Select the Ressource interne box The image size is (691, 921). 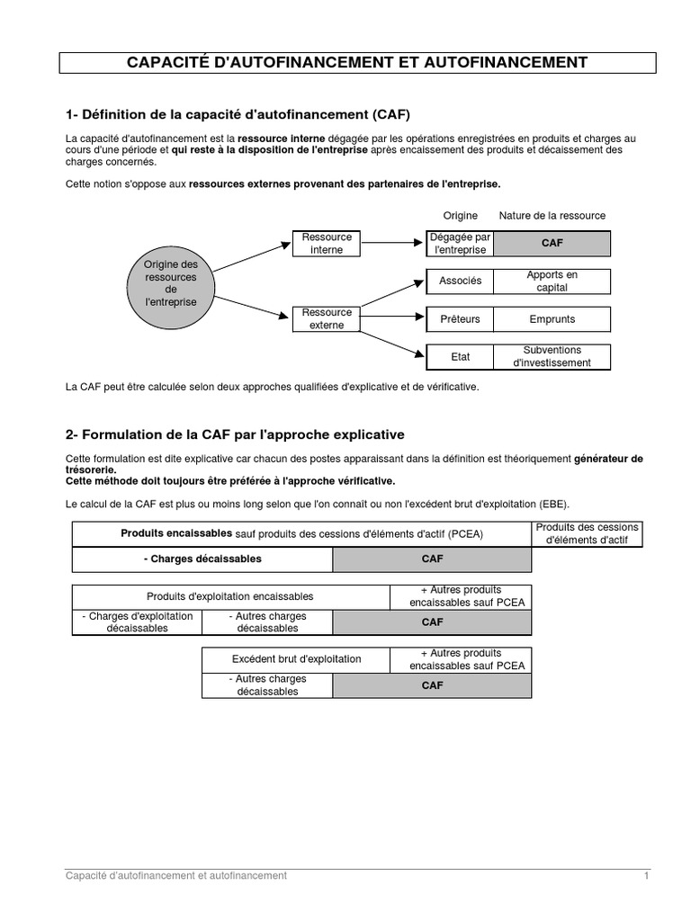pos(327,243)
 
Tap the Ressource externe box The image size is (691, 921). pos(327,318)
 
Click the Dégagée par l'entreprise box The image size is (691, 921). pos(460,243)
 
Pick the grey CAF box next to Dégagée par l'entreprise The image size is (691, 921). pos(552,243)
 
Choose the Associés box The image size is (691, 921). pos(460,281)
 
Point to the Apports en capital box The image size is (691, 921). pos(552,281)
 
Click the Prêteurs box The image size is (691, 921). pos(460,318)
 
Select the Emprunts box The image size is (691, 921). pos(552,318)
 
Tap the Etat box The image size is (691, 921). pos(460,356)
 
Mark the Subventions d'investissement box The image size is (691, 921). pos(552,356)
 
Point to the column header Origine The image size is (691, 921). pos(461,216)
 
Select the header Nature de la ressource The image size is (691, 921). pos(552,216)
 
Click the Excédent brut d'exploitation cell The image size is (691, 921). pos(296,659)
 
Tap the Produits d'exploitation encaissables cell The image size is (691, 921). pos(230,596)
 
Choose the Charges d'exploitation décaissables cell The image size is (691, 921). pos(137,621)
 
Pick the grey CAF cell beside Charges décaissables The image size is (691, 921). pos(432,559)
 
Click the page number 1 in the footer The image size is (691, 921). pos(646,875)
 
